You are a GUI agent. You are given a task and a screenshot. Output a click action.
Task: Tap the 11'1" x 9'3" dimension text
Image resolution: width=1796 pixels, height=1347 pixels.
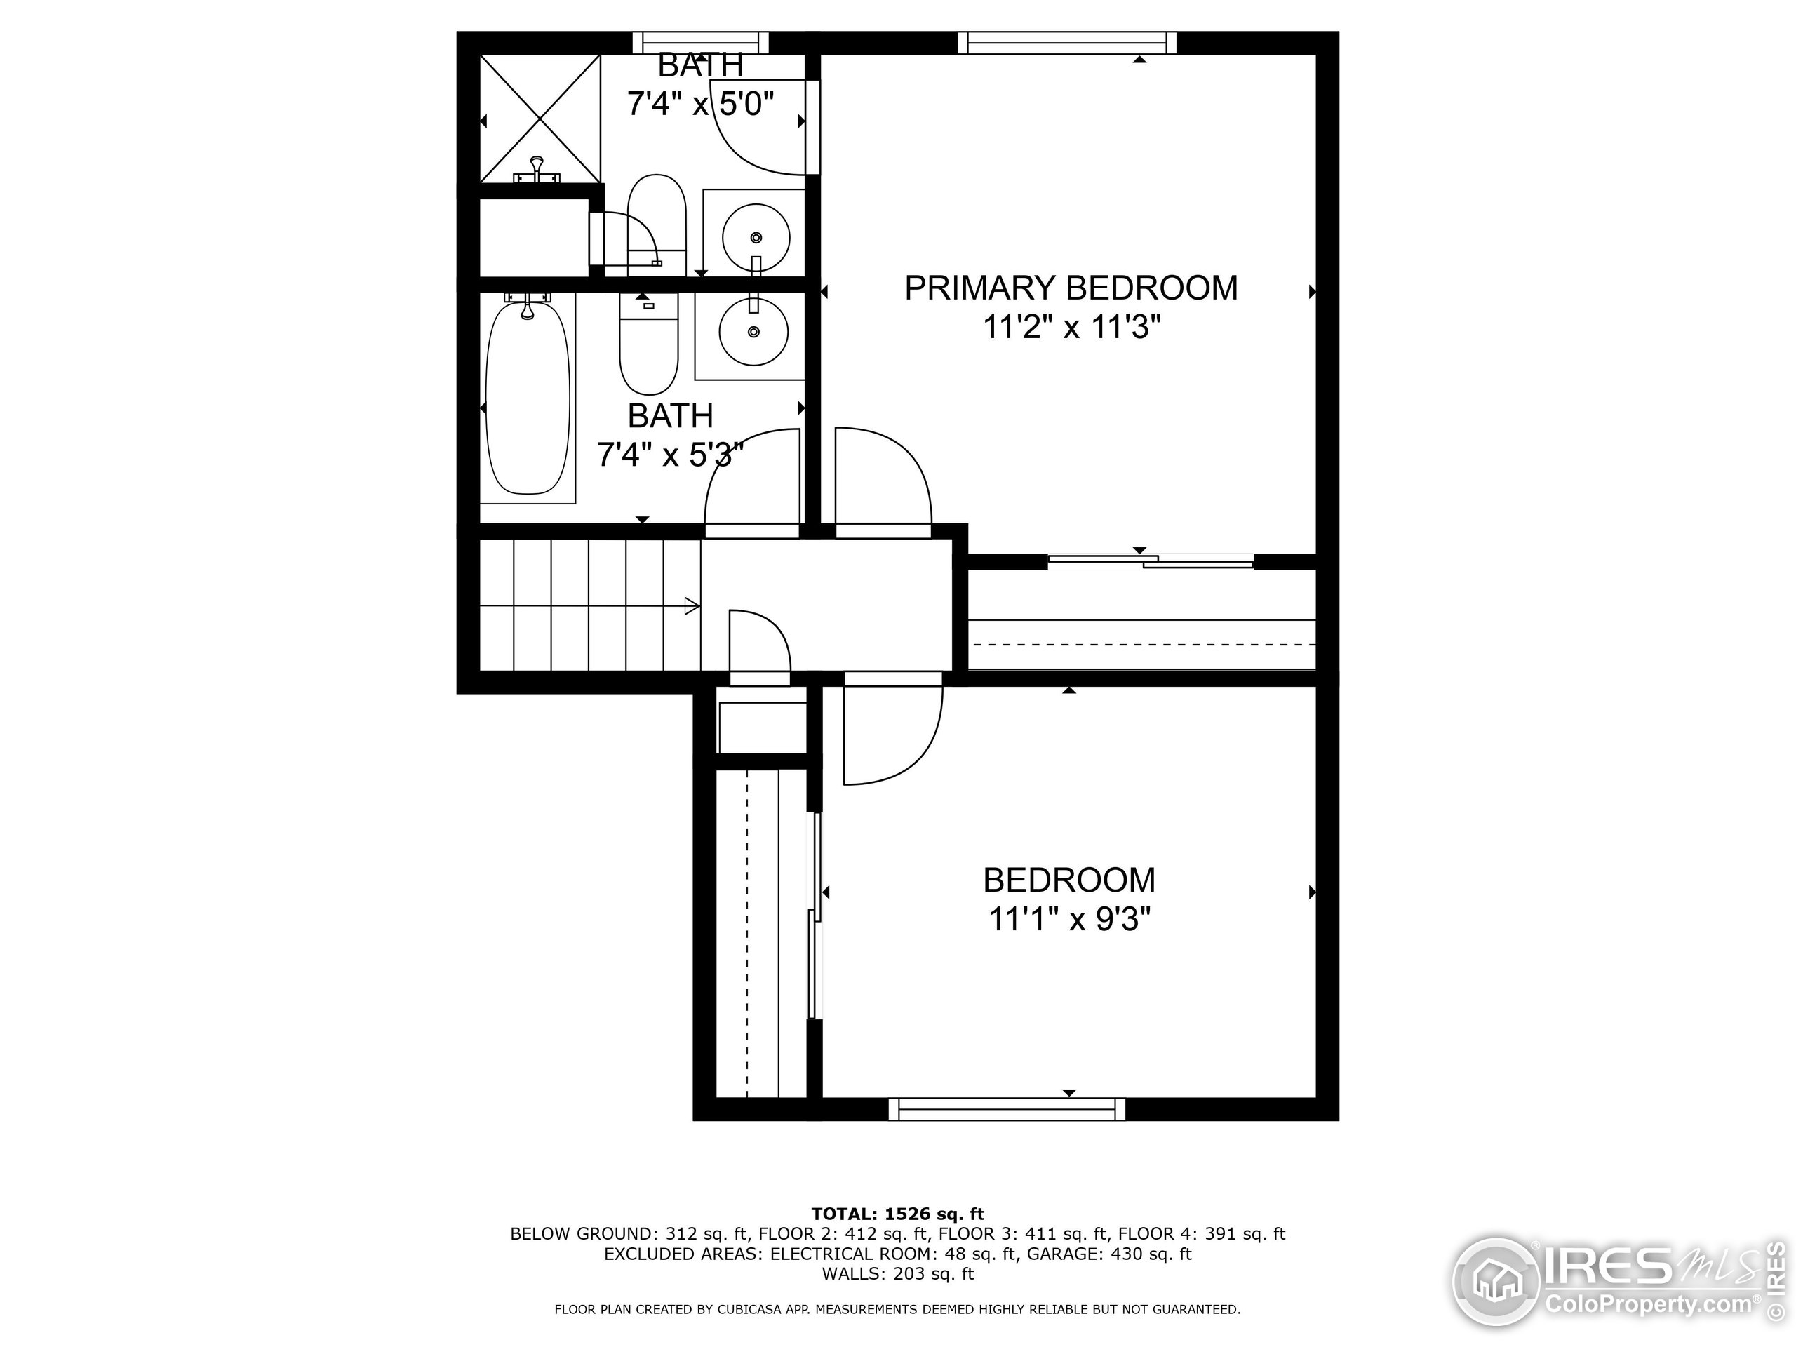[1069, 920]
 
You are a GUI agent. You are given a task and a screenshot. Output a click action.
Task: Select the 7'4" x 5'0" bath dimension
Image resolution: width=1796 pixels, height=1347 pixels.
[700, 104]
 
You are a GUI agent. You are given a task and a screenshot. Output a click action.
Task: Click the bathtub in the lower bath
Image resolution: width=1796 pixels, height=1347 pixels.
[528, 398]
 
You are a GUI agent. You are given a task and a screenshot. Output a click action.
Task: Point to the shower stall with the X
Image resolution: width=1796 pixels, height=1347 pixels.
[540, 119]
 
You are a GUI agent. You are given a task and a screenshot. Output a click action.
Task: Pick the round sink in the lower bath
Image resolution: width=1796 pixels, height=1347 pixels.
[754, 331]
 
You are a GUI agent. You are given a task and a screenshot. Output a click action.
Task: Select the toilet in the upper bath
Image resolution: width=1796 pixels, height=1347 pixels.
[657, 215]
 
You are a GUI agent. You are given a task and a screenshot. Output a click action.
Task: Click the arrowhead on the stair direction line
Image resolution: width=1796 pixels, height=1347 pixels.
[692, 605]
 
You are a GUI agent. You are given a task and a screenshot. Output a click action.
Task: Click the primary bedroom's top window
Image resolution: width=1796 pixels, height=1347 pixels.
[1067, 42]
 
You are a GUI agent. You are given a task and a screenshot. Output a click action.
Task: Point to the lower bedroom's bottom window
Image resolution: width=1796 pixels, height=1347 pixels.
[1007, 1108]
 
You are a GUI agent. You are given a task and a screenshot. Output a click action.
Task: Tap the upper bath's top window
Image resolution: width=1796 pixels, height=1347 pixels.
[700, 42]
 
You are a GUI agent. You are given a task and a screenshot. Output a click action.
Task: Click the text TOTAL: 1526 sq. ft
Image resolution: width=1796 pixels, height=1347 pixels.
[897, 1214]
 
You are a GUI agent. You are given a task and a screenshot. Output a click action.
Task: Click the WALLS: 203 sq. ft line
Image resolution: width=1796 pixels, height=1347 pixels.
[897, 1273]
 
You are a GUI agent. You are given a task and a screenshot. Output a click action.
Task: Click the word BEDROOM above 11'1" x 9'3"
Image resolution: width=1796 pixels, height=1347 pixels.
[1069, 880]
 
